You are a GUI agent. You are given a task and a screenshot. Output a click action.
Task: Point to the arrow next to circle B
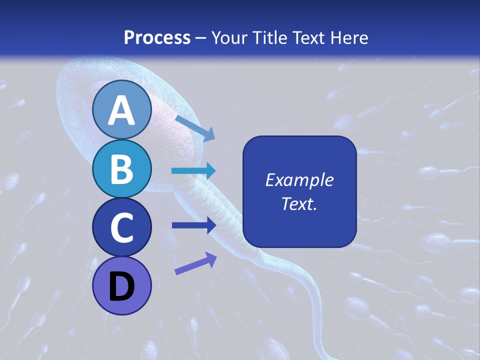click(x=193, y=171)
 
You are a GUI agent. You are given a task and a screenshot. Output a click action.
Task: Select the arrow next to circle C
click(x=193, y=225)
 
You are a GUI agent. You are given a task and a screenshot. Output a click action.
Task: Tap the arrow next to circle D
click(x=195, y=263)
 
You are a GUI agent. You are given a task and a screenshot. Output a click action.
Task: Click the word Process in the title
click(x=157, y=37)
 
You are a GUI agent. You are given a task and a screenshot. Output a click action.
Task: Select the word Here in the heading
click(x=350, y=37)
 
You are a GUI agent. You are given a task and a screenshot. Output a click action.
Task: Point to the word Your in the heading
click(x=226, y=37)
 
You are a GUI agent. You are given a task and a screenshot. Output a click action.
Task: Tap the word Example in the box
click(x=299, y=180)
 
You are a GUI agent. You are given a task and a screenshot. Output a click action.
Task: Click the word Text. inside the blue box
click(x=299, y=203)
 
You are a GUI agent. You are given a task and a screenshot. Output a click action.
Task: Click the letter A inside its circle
click(x=121, y=111)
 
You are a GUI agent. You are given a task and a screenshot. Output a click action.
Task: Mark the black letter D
click(x=121, y=287)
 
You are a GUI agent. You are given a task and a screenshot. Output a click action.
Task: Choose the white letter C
click(x=121, y=228)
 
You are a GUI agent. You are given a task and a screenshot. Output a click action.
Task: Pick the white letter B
click(x=121, y=169)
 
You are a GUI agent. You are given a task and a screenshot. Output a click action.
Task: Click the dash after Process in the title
click(x=200, y=38)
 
